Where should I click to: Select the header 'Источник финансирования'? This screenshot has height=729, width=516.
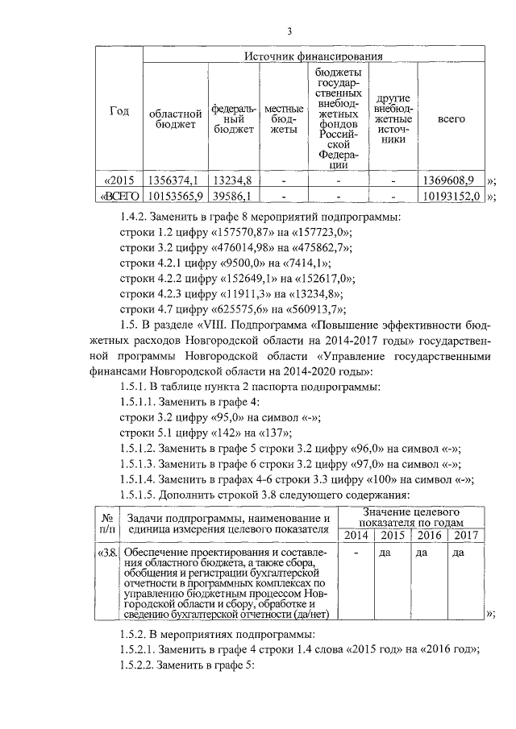click(x=314, y=56)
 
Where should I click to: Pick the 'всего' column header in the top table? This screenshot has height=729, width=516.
click(x=451, y=118)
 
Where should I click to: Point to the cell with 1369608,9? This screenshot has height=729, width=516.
click(x=451, y=180)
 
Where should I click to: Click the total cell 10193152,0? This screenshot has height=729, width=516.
click(x=451, y=196)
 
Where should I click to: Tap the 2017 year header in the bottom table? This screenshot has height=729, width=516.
click(x=465, y=536)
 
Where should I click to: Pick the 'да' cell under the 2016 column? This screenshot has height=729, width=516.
click(x=422, y=553)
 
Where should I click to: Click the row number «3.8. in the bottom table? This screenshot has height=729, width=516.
click(x=108, y=553)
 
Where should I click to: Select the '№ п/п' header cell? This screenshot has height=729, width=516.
click(x=107, y=524)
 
